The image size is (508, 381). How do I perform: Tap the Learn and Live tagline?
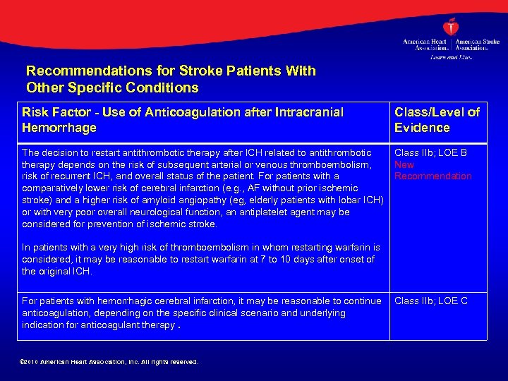point(452,56)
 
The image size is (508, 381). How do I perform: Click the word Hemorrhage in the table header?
point(59,128)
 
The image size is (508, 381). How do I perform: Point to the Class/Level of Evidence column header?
point(437,120)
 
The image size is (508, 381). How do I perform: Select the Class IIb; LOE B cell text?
point(430,152)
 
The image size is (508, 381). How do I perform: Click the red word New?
point(404,164)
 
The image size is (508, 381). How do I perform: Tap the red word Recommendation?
point(433,176)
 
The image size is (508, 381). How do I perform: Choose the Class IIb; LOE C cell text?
point(430,301)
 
